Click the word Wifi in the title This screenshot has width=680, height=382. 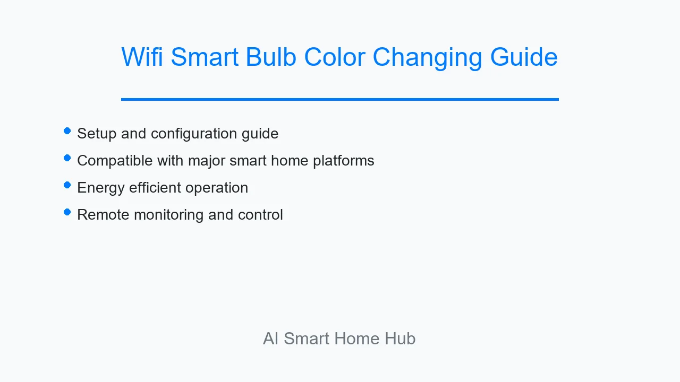pyautogui.click(x=142, y=57)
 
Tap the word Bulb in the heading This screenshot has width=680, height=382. pyautogui.click(x=271, y=57)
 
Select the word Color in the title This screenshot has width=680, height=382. pyautogui.click(x=335, y=57)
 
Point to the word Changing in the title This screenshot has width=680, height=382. pyautogui.click(x=427, y=58)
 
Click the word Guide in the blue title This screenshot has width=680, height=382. pyautogui.click(x=524, y=57)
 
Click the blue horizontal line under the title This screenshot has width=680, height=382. pyautogui.click(x=340, y=99)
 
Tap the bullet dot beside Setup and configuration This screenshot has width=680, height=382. pyautogui.click(x=67, y=131)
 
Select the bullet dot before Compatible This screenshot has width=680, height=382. pyautogui.click(x=67, y=158)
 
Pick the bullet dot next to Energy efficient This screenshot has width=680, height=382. pyautogui.click(x=67, y=185)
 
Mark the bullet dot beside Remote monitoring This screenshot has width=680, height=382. pyautogui.click(x=67, y=212)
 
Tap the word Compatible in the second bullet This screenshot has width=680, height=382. pyautogui.click(x=115, y=160)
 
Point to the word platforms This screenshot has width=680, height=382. pyautogui.click(x=344, y=161)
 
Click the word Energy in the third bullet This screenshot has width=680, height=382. pyautogui.click(x=101, y=188)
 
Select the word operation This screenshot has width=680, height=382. pyautogui.click(x=217, y=188)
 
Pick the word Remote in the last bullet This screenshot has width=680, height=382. pyautogui.click(x=103, y=215)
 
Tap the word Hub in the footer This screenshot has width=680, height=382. pyautogui.click(x=400, y=338)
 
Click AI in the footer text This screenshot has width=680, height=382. pyautogui.click(x=271, y=338)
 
